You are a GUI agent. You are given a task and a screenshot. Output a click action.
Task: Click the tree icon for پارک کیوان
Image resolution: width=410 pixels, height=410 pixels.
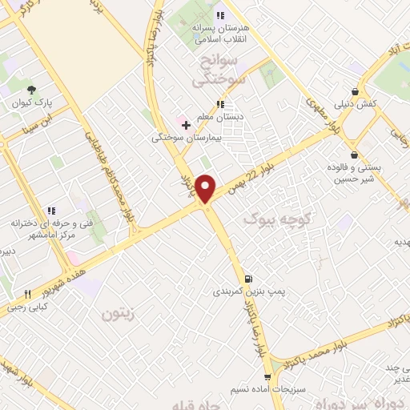[31, 90]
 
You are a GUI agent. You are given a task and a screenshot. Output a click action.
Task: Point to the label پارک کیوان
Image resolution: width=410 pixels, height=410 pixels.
[31, 104]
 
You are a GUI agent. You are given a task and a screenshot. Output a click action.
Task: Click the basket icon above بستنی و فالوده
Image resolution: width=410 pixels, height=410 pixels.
[354, 155]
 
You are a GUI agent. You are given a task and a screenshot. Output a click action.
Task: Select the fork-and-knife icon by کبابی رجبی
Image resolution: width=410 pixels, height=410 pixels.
[27, 294]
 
